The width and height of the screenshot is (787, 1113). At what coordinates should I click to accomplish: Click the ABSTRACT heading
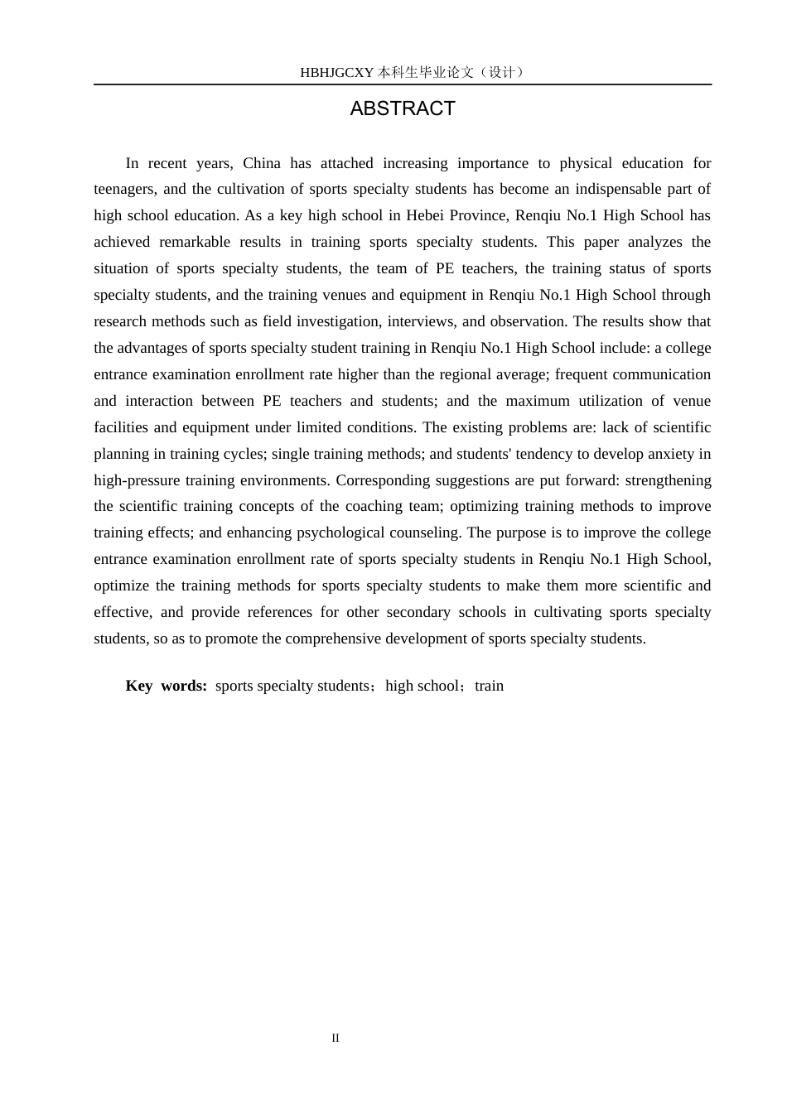coord(403,108)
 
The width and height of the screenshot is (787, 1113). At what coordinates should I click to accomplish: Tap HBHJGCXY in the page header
coord(337,73)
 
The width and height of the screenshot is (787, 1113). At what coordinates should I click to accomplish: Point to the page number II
coord(336,1038)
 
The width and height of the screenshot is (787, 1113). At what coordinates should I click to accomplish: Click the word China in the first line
coord(262,163)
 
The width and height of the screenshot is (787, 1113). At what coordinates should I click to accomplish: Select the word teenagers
coord(123,190)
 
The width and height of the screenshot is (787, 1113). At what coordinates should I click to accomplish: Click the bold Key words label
coord(166,686)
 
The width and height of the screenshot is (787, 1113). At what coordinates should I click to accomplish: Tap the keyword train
coord(489,686)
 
